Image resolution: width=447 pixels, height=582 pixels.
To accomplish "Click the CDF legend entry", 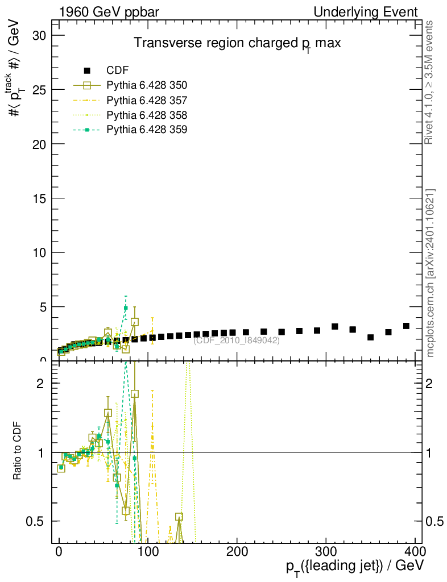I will (118, 70).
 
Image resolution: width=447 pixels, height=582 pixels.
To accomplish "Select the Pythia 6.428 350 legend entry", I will (147, 85).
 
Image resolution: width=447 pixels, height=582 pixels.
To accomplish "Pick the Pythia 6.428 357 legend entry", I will (147, 100).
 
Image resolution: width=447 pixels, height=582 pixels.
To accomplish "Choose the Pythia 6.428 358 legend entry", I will (147, 115).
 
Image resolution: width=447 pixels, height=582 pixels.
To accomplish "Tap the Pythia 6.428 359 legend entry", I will (147, 130).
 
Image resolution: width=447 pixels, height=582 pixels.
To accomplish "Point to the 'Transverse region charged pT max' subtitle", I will (237, 44).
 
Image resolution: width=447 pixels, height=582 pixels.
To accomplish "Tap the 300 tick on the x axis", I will (326, 554).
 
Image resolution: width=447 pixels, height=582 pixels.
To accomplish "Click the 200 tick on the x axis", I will (237, 554).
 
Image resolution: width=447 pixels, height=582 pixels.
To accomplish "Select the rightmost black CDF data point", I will (406, 326).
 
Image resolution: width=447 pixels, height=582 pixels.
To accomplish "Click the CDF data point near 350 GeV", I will (371, 337).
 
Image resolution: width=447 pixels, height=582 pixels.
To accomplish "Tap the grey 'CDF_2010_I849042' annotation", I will (236, 340).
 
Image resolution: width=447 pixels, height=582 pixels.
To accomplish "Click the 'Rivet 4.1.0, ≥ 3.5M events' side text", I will (430, 82).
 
